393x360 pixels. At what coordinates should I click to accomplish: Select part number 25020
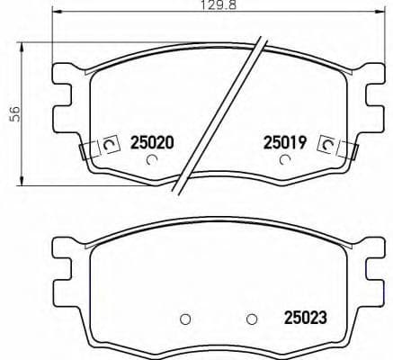152,142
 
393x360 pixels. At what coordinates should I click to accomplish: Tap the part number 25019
285,142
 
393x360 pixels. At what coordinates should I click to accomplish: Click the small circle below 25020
152,161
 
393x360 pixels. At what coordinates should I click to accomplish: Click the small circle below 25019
285,161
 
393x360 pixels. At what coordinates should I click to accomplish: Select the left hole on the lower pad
185,318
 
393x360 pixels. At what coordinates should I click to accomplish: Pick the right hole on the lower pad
253,318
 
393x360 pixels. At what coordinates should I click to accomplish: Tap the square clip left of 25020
111,144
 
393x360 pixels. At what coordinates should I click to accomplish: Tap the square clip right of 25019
328,144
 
